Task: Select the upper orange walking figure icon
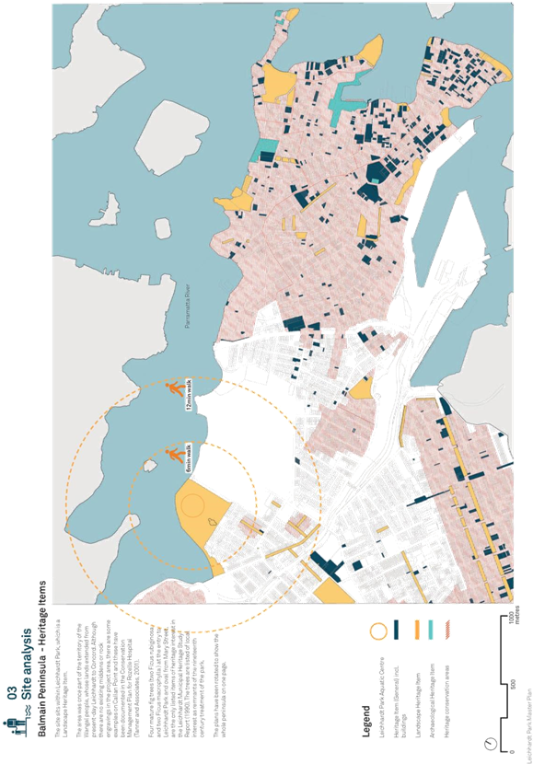[176, 389]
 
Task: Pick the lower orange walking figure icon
[172, 455]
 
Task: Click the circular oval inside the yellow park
[194, 505]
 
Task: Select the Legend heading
[365, 713]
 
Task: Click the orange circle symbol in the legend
[377, 631]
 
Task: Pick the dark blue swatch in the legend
[396, 629]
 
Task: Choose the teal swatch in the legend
[430, 629]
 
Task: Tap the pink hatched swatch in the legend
[447, 629]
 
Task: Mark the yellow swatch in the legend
[415, 629]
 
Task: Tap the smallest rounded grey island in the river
[163, 227]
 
